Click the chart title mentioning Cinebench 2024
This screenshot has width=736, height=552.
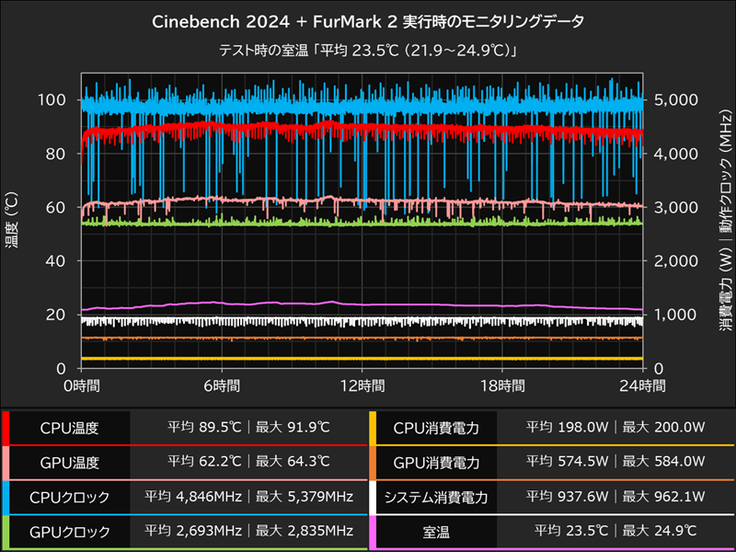(x=367, y=20)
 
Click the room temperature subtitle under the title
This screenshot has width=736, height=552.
(x=367, y=51)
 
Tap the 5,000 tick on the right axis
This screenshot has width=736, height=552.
(x=676, y=99)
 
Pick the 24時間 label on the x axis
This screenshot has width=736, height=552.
(x=642, y=385)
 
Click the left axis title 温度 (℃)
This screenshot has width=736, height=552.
(x=12, y=221)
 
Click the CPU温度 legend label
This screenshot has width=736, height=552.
(x=68, y=428)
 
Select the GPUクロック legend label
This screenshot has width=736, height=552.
(x=68, y=531)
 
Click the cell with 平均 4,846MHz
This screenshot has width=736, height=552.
(x=195, y=497)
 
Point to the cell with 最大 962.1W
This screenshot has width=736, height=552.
(x=664, y=497)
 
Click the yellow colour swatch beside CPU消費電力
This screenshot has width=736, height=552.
(x=373, y=428)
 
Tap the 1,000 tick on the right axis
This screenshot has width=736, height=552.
(x=676, y=315)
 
